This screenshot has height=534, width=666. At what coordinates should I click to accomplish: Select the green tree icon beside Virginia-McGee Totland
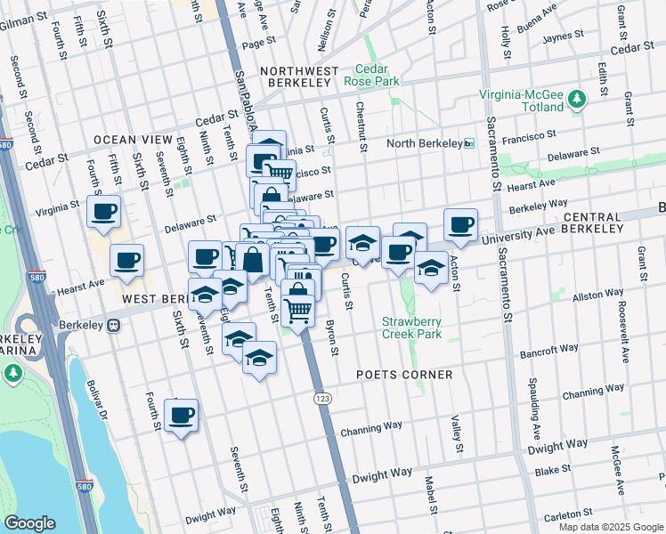pyautogui.click(x=578, y=99)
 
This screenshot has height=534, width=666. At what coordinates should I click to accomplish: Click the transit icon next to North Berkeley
pyautogui.click(x=469, y=143)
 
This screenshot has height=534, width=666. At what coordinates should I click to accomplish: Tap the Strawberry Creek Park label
pyautogui.click(x=411, y=328)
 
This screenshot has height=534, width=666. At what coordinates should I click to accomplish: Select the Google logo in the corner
pyautogui.click(x=29, y=523)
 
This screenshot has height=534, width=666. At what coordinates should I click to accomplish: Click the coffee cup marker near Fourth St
pyautogui.click(x=181, y=415)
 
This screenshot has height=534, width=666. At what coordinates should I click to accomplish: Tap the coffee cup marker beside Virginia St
pyautogui.click(x=104, y=212)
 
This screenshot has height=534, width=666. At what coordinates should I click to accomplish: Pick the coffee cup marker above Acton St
pyautogui.click(x=460, y=224)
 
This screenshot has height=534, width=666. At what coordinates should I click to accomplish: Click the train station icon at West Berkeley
pyautogui.click(x=114, y=326)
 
